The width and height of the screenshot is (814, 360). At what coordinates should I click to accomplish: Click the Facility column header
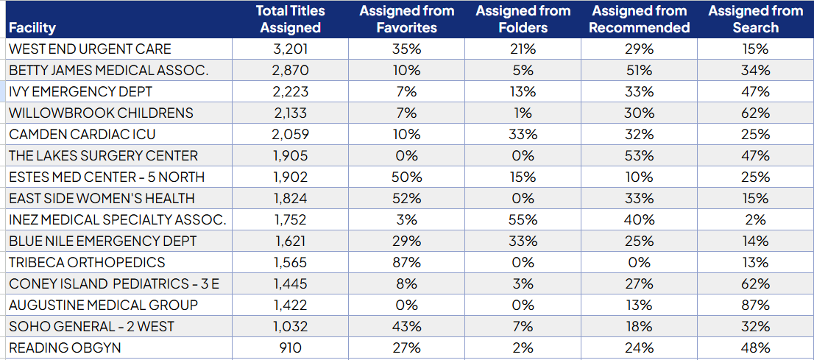tap(32, 28)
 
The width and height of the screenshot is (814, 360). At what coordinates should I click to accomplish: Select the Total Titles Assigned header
tap(290, 20)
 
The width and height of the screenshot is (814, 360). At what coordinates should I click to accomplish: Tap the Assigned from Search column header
tap(755, 20)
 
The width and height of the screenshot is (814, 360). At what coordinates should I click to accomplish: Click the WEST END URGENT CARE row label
tap(90, 49)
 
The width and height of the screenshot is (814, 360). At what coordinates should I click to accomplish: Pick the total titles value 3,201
tap(290, 49)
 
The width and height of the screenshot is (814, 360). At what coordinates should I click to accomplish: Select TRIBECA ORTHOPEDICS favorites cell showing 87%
tap(406, 262)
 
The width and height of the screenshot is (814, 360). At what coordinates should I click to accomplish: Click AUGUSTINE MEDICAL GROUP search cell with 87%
tap(755, 305)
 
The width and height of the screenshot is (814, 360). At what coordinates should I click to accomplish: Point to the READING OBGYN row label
tap(65, 347)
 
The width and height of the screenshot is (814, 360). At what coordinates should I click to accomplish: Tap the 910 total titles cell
tap(290, 347)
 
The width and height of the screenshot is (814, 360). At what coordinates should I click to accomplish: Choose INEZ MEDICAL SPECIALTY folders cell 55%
tap(523, 219)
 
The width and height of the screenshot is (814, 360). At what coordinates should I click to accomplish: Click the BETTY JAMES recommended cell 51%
tap(639, 71)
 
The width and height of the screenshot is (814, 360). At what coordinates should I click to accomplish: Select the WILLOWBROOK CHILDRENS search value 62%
tap(755, 113)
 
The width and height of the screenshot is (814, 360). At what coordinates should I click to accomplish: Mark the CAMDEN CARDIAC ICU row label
tap(82, 135)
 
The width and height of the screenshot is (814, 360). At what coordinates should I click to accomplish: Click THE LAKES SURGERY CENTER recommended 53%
tap(639, 156)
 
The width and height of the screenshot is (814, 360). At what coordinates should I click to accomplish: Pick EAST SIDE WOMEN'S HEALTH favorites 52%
tap(406, 198)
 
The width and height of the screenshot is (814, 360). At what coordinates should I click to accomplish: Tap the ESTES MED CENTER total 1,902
tap(290, 177)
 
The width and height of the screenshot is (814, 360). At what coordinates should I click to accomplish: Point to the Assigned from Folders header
tap(523, 20)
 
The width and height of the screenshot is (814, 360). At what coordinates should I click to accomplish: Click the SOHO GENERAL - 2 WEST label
tap(92, 326)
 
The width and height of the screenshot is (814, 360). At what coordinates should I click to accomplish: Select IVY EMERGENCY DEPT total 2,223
tap(290, 92)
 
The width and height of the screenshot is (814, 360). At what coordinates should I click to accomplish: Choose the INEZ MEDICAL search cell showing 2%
tap(755, 219)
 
